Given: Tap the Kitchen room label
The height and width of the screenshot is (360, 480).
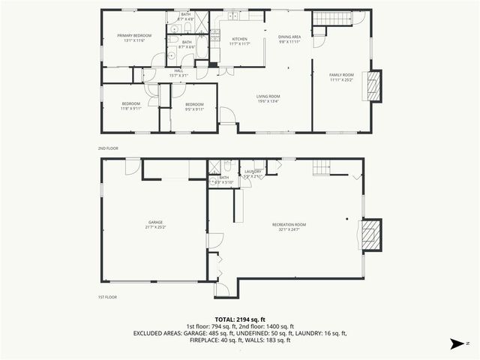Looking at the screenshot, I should coord(239,39).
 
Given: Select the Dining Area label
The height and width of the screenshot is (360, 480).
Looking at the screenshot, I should coord(289,37).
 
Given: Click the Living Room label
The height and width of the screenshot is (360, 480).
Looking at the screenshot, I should coord(268,97).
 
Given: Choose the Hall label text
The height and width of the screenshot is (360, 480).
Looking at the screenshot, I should coord(178,71).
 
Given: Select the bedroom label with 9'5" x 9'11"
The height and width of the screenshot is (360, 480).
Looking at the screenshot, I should coord(194,105).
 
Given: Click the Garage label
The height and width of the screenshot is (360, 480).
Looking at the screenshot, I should coord(155,223).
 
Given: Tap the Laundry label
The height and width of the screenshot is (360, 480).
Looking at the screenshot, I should coord(253,172).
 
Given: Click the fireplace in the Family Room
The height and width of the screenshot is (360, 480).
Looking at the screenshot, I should coord(373,85).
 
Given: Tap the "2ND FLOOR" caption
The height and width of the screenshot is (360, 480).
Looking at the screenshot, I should coord(109,148).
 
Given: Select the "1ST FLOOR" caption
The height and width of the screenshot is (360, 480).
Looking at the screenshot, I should coord(108,298).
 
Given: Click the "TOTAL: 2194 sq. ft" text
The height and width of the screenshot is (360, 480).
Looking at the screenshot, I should coord(240,319).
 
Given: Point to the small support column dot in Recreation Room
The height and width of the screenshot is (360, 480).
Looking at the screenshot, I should coord(346,218).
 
